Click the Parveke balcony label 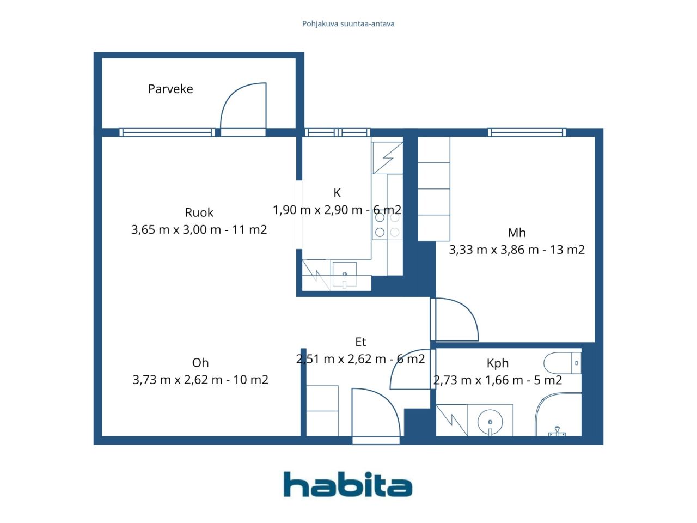point(170,89)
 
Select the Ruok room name point(199,212)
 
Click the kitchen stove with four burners point(387,225)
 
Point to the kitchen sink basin point(344,275)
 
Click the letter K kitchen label point(337,193)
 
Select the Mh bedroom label point(517,233)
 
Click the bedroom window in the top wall point(527,132)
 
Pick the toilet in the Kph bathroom point(562,363)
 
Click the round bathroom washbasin point(490,422)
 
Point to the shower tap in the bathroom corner point(557,432)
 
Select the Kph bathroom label point(498,363)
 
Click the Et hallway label point(360,342)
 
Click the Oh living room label point(200,363)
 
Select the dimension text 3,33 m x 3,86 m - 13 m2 point(517,250)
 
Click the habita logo point(348,484)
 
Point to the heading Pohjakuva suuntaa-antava point(348,24)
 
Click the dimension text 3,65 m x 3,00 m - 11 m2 point(199,229)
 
